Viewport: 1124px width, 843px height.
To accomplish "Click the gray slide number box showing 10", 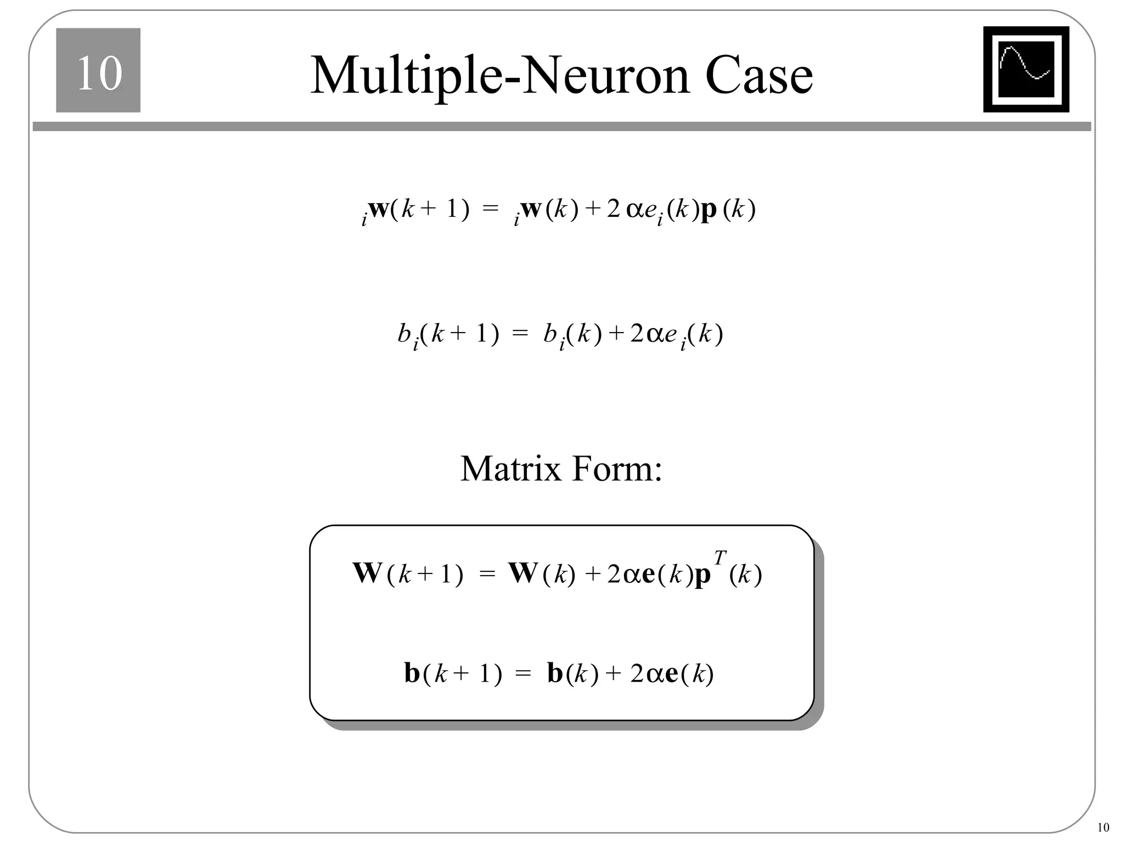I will (x=98, y=70).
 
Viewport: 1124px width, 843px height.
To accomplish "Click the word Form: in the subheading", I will (x=617, y=469).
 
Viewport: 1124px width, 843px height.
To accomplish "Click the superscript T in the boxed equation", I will (x=720, y=558).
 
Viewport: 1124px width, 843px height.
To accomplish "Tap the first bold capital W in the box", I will (x=367, y=573).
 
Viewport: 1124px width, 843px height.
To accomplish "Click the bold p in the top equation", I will (x=709, y=211).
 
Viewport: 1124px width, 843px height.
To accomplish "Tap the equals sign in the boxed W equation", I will (x=487, y=574).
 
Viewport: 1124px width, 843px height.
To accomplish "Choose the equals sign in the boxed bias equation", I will (x=524, y=674).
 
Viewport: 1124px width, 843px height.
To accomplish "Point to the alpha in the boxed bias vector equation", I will (x=655, y=674).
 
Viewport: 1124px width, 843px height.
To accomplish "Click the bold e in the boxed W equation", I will (x=648, y=574).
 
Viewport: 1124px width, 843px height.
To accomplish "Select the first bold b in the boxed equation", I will (x=412, y=673).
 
